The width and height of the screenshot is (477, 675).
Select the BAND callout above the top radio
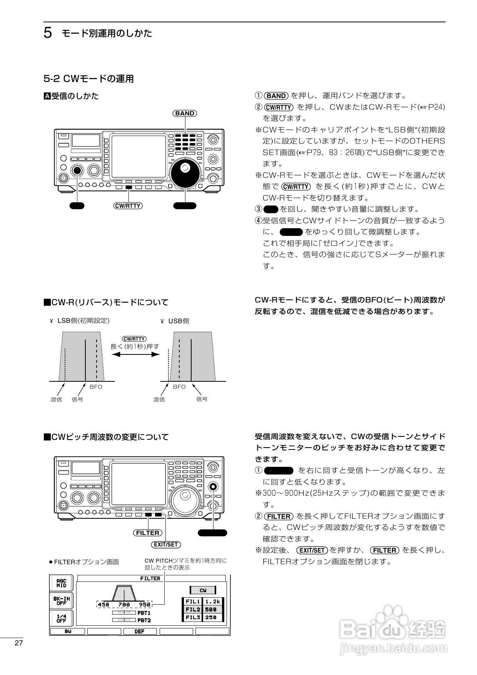click(x=185, y=113)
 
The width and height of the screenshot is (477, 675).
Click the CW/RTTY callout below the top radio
click(x=128, y=206)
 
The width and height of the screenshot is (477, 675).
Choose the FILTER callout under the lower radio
click(x=148, y=533)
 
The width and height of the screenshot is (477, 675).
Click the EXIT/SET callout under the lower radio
click(x=166, y=545)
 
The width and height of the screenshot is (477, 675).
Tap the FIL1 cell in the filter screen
click(x=192, y=601)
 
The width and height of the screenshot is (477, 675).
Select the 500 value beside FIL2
click(x=211, y=610)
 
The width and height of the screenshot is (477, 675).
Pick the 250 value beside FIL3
click(x=211, y=617)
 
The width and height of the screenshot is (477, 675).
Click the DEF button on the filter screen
click(x=140, y=632)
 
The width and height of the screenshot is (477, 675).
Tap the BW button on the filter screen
click(x=68, y=632)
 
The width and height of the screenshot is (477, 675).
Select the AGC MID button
click(x=62, y=583)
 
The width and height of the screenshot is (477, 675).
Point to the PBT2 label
click(x=144, y=620)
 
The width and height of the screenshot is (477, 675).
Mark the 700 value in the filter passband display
click(x=124, y=605)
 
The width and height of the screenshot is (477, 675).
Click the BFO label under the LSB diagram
click(x=96, y=387)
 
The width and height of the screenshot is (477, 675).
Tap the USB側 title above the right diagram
click(x=179, y=321)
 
